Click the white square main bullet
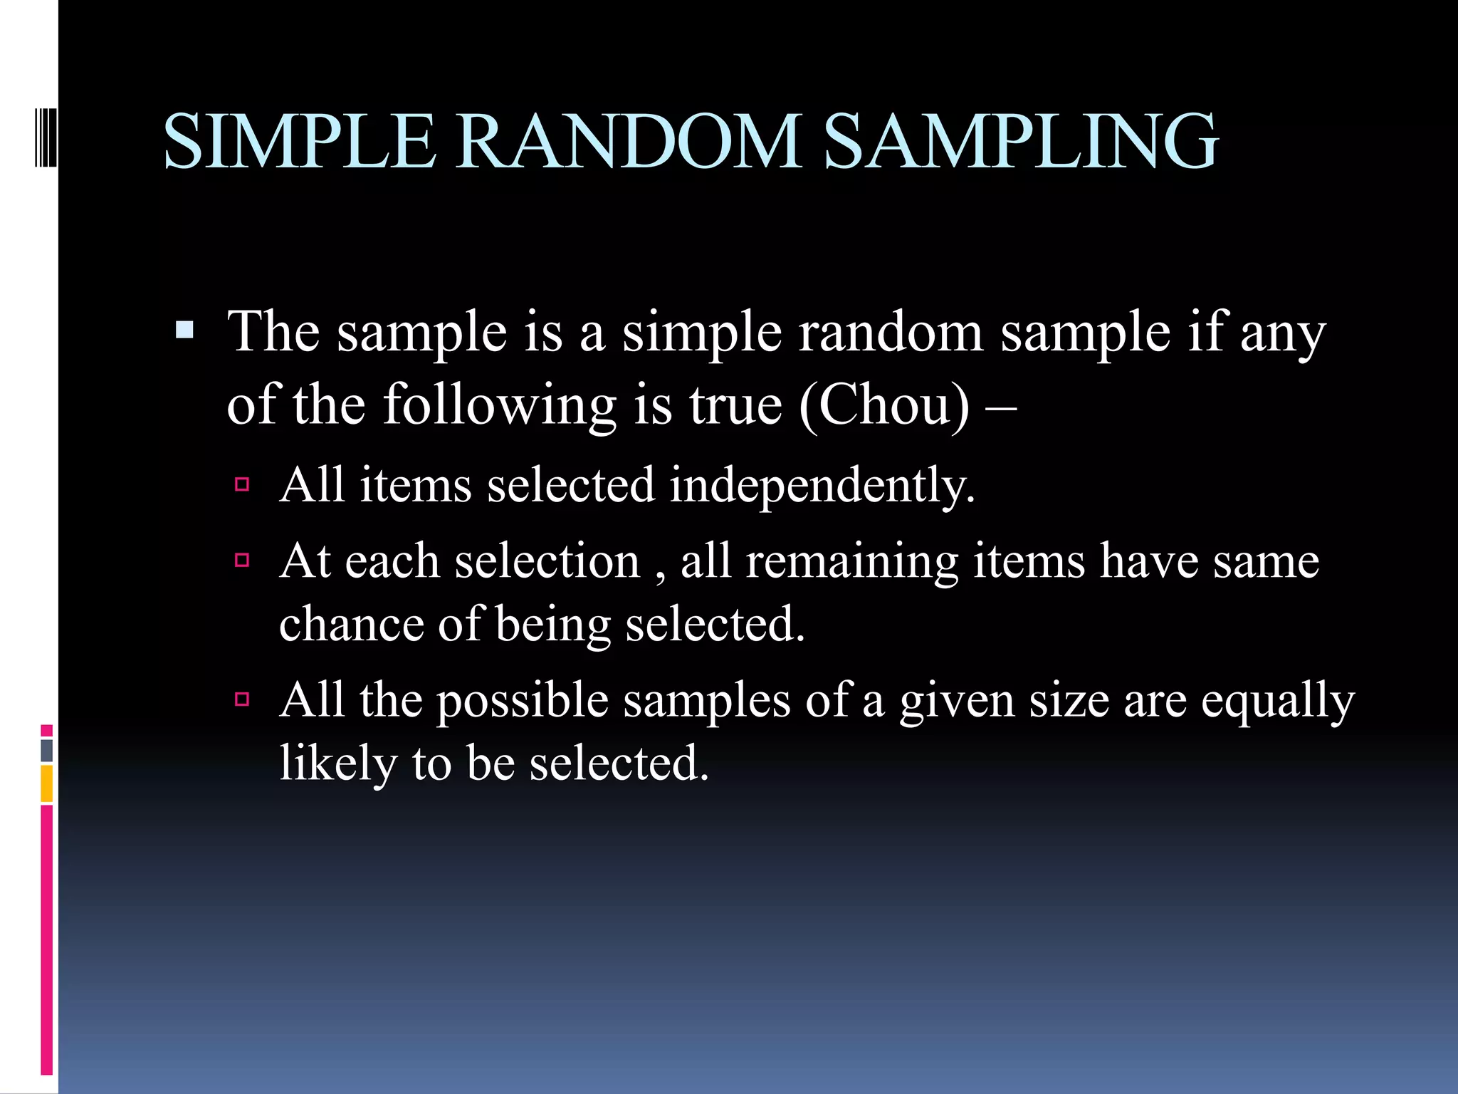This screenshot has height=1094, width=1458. pos(184,330)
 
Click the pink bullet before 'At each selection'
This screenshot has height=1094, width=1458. pos(242,561)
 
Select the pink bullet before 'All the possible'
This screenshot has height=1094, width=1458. pos(242,699)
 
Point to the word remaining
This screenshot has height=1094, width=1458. pos(851,562)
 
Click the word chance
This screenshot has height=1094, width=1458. pos(351,624)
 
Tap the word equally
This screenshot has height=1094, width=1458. pos(1277,701)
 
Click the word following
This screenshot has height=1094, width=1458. pos(500,405)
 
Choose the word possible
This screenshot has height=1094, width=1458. pos(522,701)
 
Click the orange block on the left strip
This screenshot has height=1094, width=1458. pos(47,783)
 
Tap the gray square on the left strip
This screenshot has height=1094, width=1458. pos(47,751)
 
